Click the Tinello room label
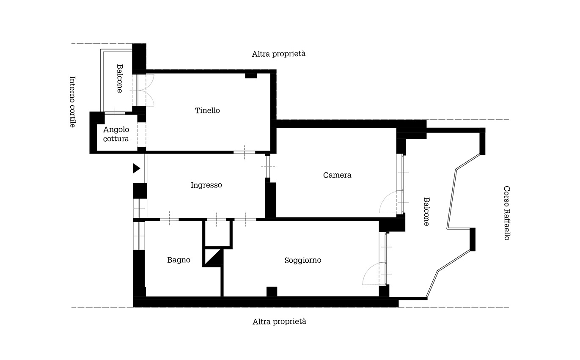click(x=207, y=110)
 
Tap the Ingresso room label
click(x=206, y=185)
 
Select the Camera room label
click(x=337, y=175)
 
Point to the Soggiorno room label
click(x=302, y=260)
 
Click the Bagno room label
click(x=179, y=260)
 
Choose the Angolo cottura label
click(x=116, y=134)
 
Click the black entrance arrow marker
click(x=137, y=168)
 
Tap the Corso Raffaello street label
click(x=507, y=213)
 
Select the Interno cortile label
click(x=72, y=102)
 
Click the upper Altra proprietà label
click(x=279, y=54)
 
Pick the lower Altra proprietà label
click(x=279, y=322)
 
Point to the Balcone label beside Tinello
click(x=119, y=79)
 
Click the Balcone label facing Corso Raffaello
click(x=426, y=212)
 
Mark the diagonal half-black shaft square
click(x=213, y=258)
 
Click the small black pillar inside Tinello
click(x=251, y=76)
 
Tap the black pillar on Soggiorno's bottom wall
click(x=272, y=291)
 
